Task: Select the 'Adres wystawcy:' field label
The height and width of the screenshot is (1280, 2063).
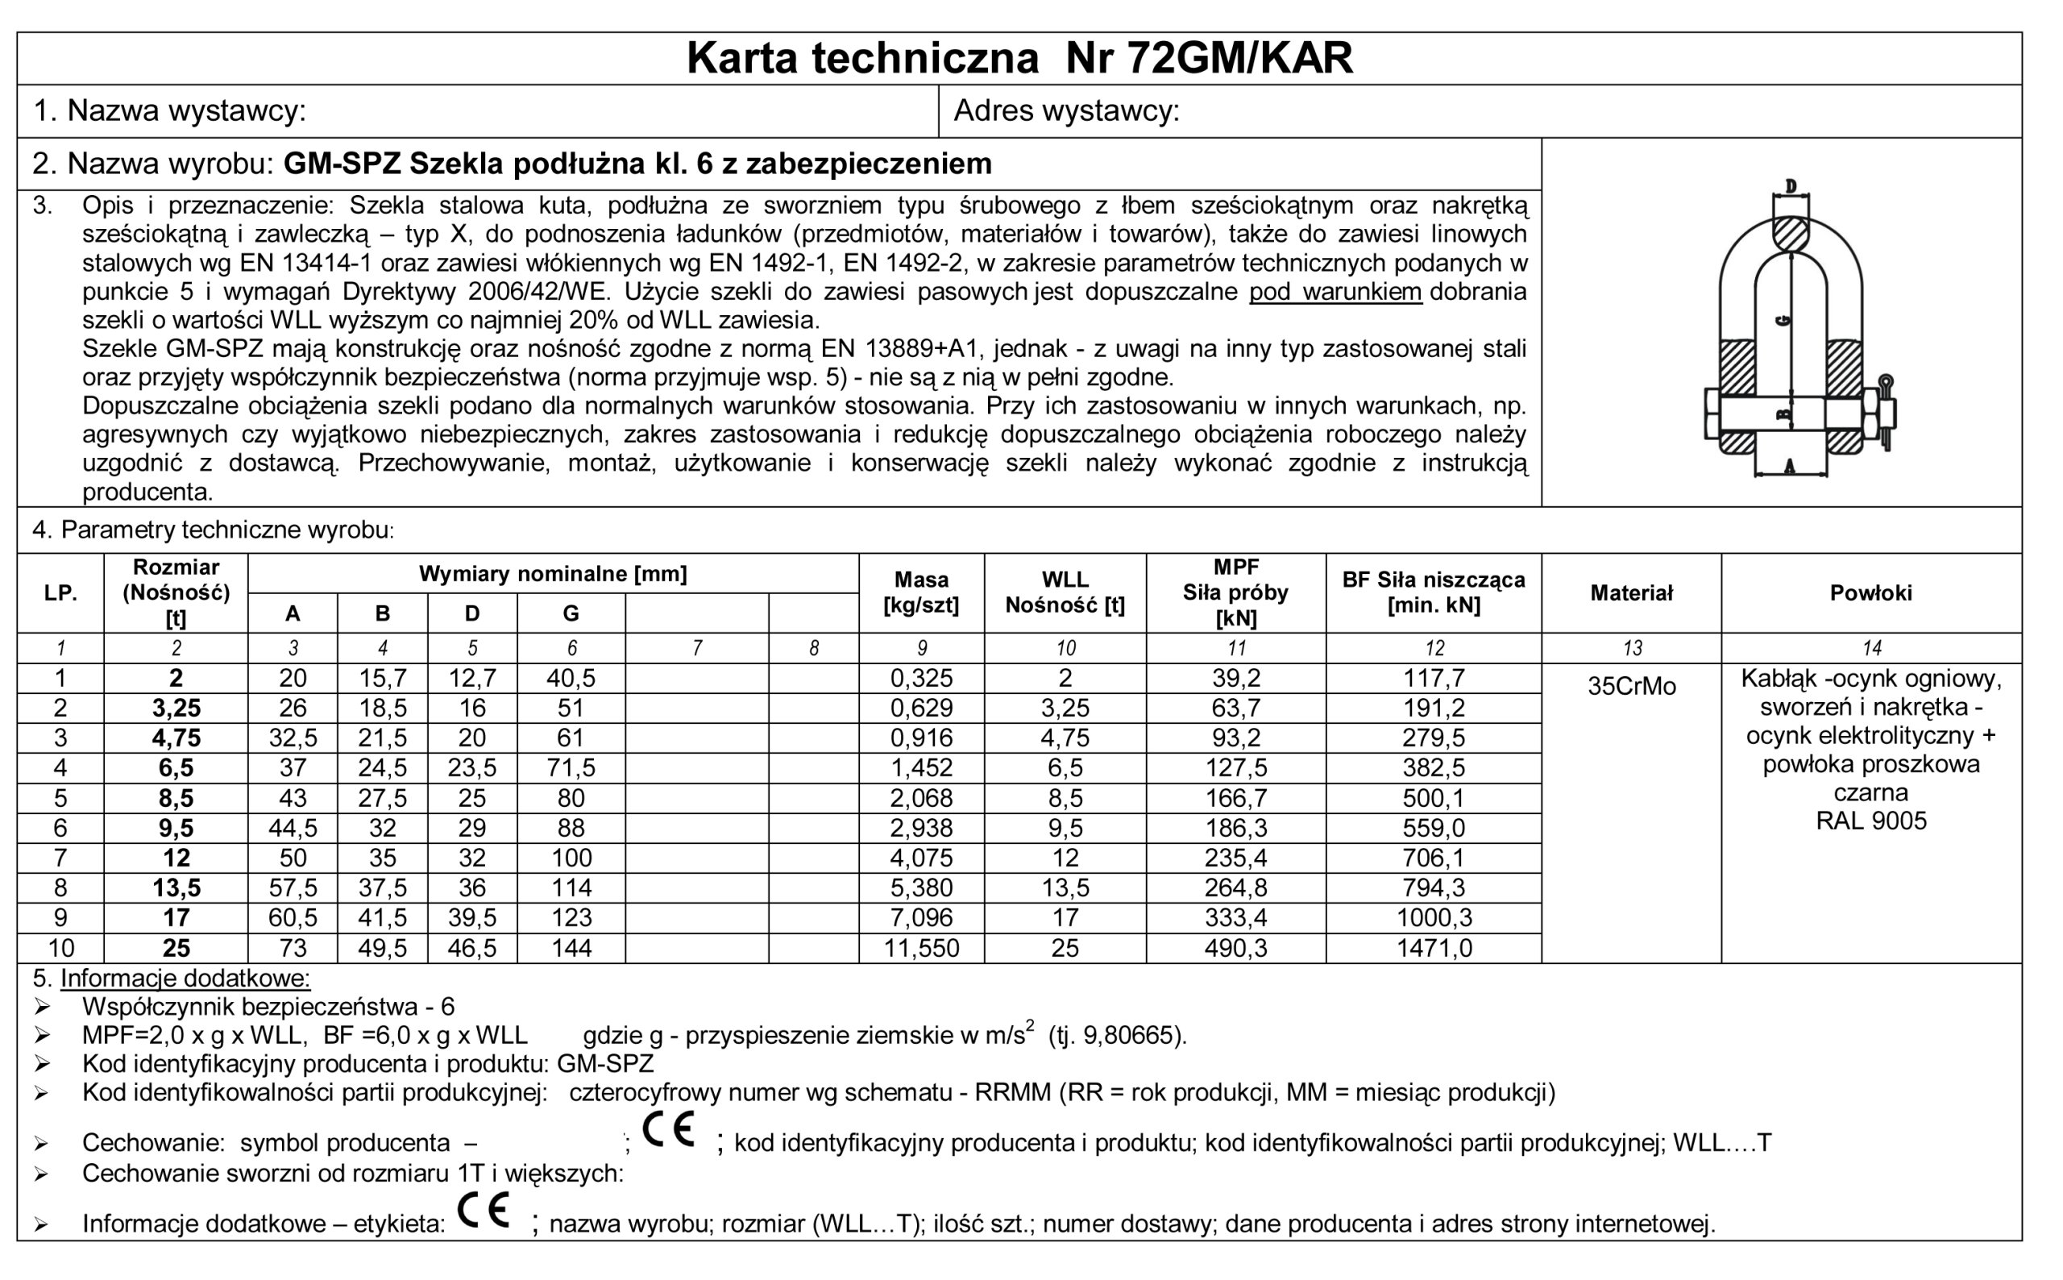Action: click(1066, 111)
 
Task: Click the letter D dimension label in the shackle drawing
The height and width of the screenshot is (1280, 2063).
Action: click(1791, 186)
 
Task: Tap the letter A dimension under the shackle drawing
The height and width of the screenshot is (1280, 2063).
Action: click(1790, 466)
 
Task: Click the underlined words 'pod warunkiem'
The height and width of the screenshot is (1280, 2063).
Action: click(1335, 292)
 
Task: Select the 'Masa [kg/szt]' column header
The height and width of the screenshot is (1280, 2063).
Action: click(920, 592)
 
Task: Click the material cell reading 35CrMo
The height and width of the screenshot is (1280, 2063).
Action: click(1630, 687)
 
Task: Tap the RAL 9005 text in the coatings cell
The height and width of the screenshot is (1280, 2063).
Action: click(1870, 821)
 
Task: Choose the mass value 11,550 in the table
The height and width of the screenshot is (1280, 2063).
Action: click(920, 948)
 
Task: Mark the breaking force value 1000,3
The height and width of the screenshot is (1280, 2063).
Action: click(1434, 917)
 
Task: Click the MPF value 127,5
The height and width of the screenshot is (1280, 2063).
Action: click(1235, 768)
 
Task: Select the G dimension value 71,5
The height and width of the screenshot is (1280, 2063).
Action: click(571, 768)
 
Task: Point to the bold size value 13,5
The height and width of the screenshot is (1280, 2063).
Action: click(176, 888)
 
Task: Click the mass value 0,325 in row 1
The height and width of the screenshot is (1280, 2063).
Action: click(920, 678)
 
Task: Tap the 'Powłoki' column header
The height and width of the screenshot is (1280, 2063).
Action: click(1870, 592)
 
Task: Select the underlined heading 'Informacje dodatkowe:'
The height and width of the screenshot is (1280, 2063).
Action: click(185, 979)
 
